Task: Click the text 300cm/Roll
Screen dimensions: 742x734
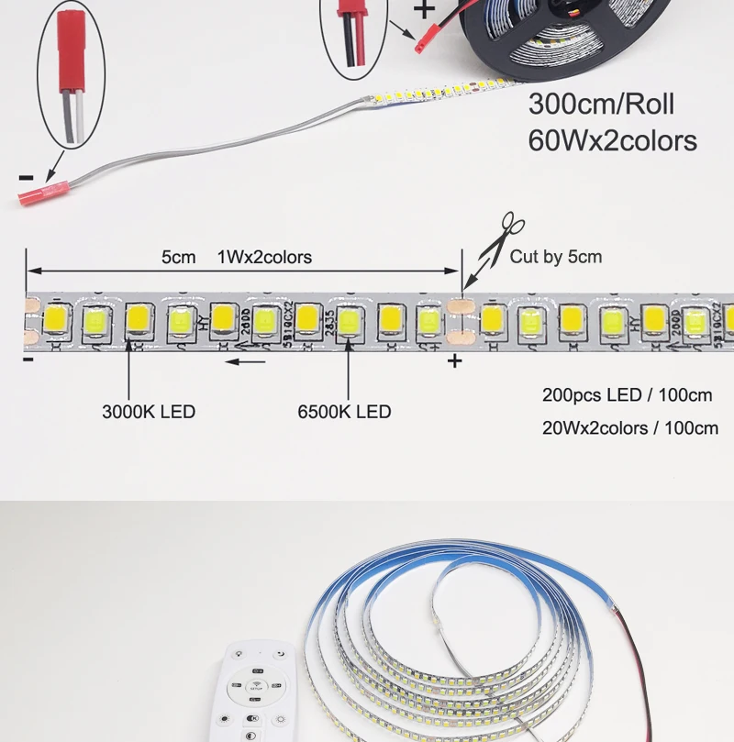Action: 601,104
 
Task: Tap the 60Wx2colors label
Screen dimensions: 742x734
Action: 612,140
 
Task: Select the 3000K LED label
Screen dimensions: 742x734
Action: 149,412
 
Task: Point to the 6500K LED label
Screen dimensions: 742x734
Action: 344,412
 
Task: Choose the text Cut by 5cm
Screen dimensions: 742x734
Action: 556,257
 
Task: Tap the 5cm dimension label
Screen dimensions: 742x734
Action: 179,257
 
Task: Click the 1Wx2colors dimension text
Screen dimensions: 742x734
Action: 264,257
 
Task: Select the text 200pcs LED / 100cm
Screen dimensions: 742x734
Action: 627,395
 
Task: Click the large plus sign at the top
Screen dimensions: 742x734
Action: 424,10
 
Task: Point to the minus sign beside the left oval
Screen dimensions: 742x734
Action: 27,176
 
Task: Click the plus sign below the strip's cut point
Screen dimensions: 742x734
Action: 455,361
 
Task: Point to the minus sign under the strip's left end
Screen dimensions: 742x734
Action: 28,359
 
